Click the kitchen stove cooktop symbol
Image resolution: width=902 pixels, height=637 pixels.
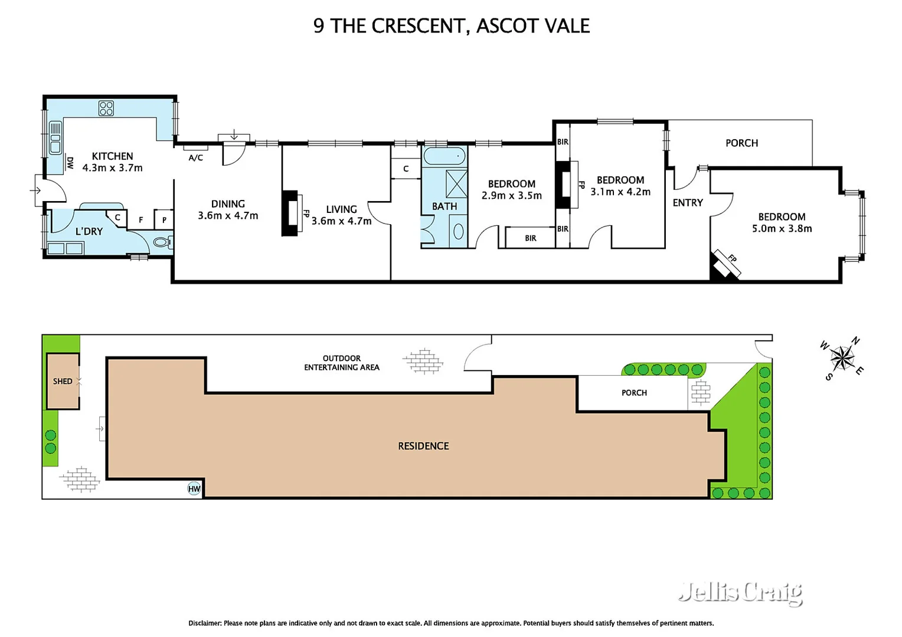(x=106, y=109)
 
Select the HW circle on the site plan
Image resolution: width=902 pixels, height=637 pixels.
(x=194, y=488)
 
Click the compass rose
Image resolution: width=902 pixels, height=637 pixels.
(x=841, y=357)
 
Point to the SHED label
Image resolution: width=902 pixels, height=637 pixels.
(x=63, y=382)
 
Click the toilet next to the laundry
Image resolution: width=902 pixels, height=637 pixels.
(x=162, y=242)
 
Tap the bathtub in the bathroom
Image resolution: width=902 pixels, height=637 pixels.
(x=444, y=156)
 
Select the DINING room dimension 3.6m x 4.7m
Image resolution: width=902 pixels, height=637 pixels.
(x=228, y=216)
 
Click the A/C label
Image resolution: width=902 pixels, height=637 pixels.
(x=195, y=157)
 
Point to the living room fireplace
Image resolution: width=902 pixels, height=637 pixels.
(x=290, y=213)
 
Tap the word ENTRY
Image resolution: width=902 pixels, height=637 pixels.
(x=688, y=203)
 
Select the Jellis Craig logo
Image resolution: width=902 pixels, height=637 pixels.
(x=740, y=592)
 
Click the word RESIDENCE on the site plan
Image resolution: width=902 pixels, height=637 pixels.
(x=423, y=446)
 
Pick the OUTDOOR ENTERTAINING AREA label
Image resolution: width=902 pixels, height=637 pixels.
(x=341, y=363)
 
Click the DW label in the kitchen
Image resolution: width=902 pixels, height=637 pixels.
(x=70, y=163)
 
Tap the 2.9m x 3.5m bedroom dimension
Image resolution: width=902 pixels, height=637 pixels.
(x=511, y=196)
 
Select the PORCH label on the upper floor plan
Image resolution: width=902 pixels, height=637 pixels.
(x=741, y=143)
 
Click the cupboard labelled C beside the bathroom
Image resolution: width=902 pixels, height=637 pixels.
(x=406, y=169)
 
